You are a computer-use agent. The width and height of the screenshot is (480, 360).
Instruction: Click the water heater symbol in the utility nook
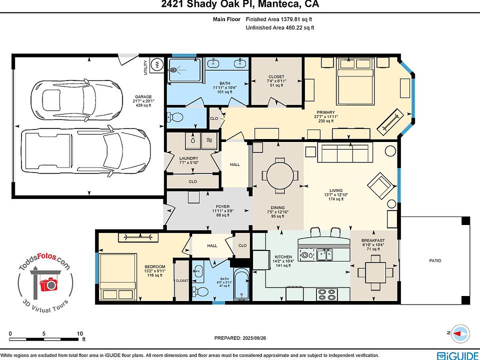pos(157,64)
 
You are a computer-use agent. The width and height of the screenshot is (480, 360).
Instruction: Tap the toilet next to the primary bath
pos(175,117)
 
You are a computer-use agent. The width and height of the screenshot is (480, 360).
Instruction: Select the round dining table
pos(280,175)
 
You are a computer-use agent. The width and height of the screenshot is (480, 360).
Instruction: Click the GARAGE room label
pos(143,96)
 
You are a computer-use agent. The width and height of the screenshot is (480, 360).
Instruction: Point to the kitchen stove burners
pos(327,294)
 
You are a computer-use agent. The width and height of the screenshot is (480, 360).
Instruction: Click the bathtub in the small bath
pos(242,284)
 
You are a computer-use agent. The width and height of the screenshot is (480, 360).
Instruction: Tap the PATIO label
pos(435,260)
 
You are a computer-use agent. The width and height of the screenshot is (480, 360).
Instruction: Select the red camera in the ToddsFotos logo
pos(48,284)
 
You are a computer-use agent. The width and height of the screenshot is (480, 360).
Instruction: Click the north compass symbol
pos(460,333)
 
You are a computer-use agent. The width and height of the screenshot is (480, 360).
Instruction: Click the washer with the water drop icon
pos(193,140)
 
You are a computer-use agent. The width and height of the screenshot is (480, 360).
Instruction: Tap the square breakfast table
pos(375,272)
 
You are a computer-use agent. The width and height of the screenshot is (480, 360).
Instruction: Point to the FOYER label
pos(222,206)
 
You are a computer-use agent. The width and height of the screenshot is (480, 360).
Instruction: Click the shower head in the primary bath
pos(174,70)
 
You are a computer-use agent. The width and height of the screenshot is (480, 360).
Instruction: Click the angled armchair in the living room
pos(381,185)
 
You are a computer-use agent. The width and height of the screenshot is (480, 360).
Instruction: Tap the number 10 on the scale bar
pos(80,333)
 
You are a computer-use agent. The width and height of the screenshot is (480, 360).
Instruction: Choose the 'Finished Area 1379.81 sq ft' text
pos(279,19)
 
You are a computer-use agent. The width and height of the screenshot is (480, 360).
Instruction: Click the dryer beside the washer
pos(209,140)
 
